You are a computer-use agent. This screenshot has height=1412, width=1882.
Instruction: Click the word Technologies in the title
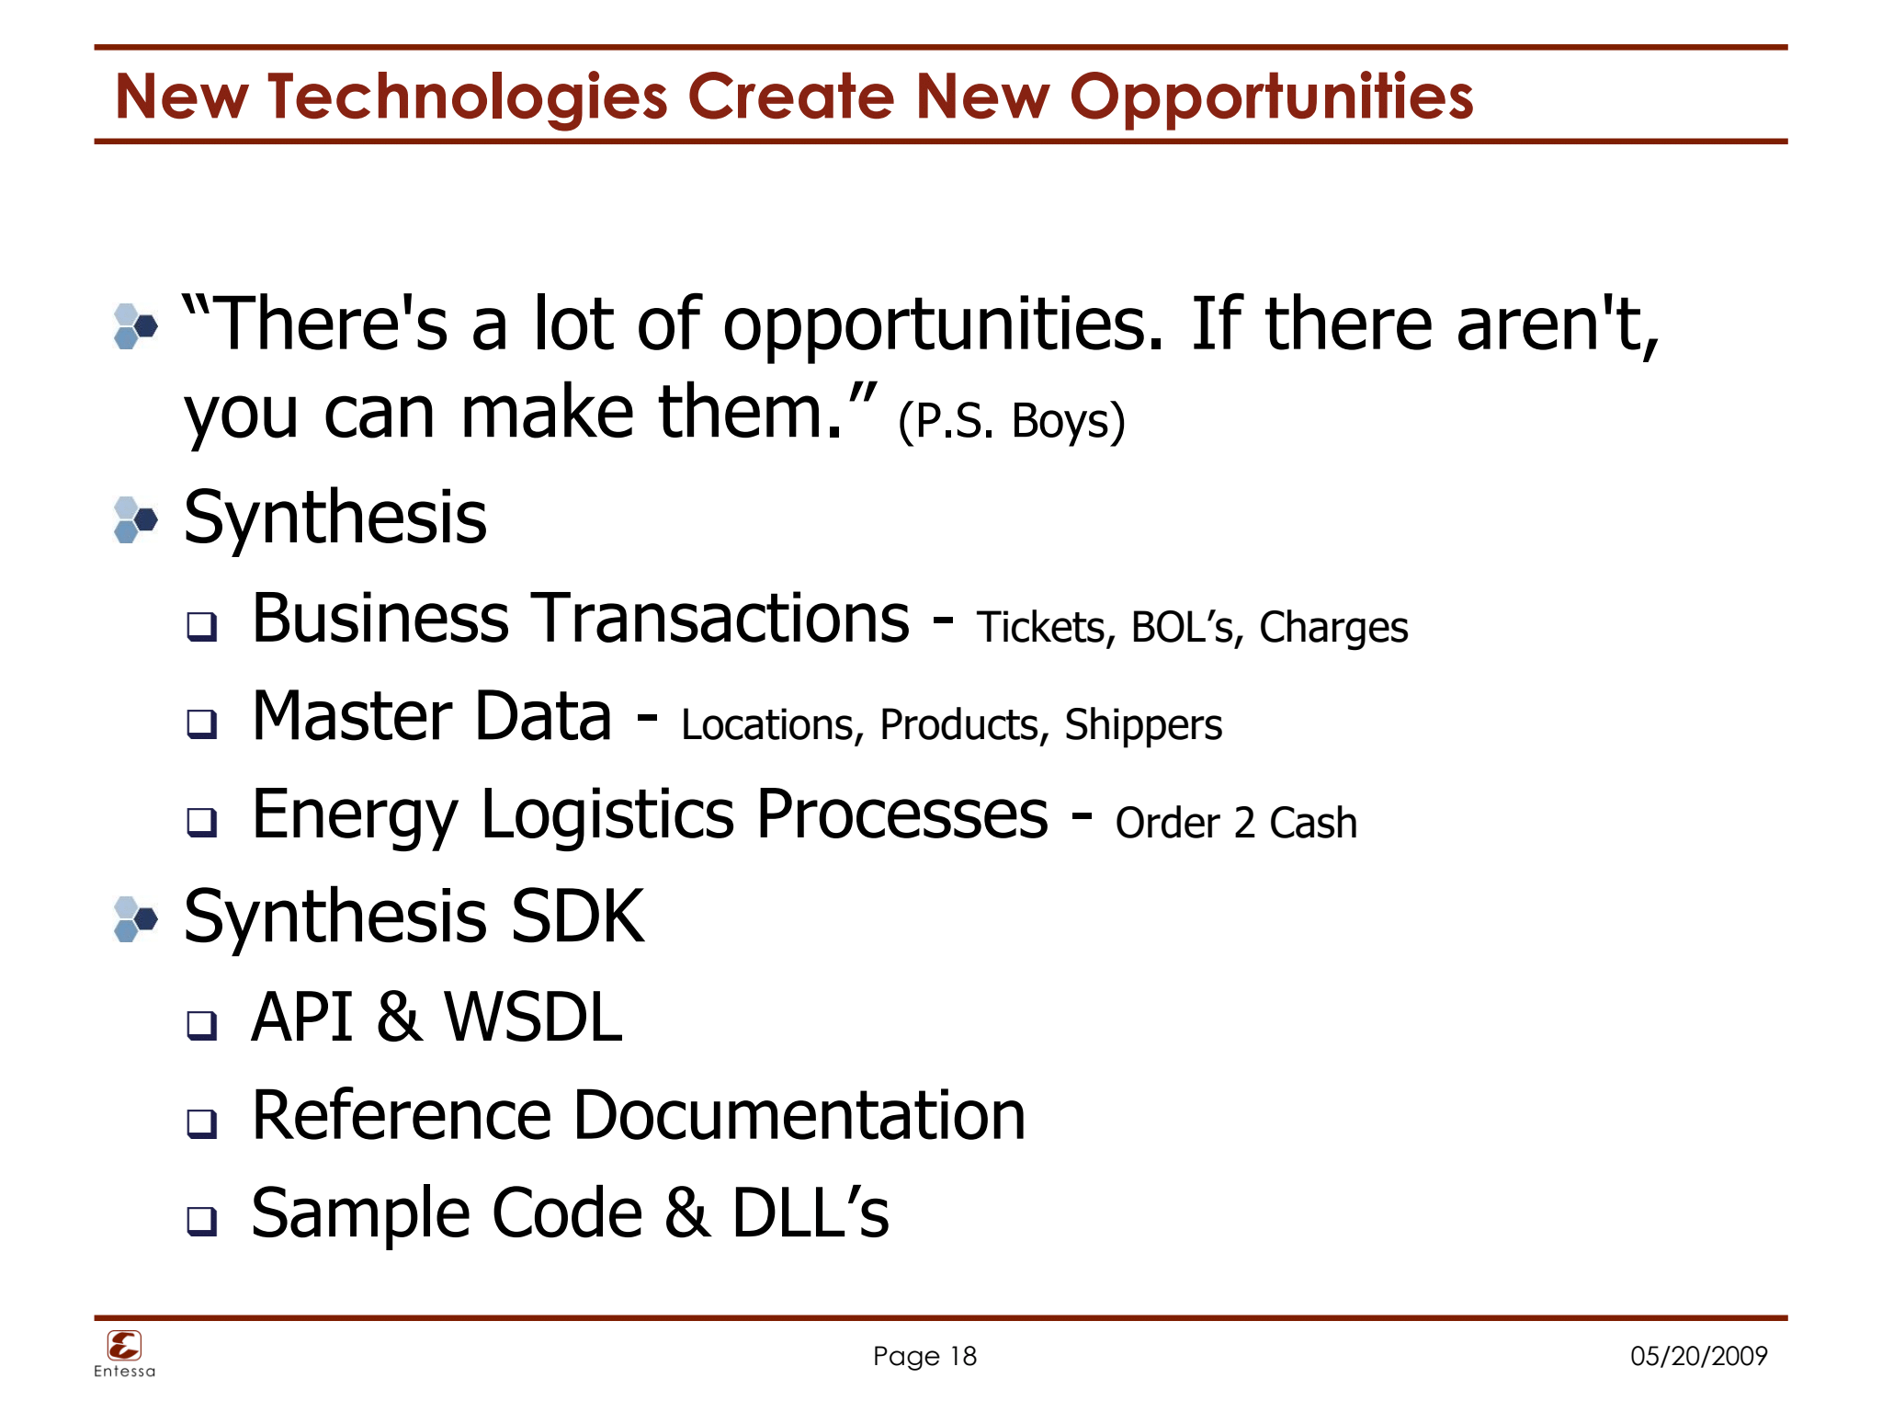(x=468, y=97)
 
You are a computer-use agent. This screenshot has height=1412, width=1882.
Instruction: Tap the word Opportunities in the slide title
(x=1271, y=97)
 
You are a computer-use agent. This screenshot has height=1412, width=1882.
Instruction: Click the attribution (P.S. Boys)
(x=1011, y=420)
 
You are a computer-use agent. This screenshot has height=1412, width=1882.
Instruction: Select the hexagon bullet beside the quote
(x=135, y=326)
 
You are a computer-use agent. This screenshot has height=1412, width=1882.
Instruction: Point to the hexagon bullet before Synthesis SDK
(x=135, y=919)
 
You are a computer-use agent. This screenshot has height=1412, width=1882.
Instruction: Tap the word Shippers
(x=1143, y=724)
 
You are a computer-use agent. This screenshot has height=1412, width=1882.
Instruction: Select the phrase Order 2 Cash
(x=1236, y=823)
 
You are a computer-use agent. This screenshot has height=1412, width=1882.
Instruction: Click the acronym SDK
(x=577, y=917)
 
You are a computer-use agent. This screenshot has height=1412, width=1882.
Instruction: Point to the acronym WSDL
(x=533, y=1018)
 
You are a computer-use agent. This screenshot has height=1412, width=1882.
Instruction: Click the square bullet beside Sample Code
(x=202, y=1220)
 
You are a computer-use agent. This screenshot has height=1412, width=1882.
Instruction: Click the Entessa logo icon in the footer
(x=124, y=1346)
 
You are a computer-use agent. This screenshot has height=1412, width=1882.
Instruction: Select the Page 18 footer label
(x=924, y=1356)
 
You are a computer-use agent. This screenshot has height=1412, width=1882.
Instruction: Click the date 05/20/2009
(x=1698, y=1356)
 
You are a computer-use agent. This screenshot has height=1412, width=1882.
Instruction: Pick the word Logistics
(x=607, y=814)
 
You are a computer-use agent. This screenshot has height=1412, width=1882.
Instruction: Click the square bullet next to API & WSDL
(x=202, y=1024)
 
